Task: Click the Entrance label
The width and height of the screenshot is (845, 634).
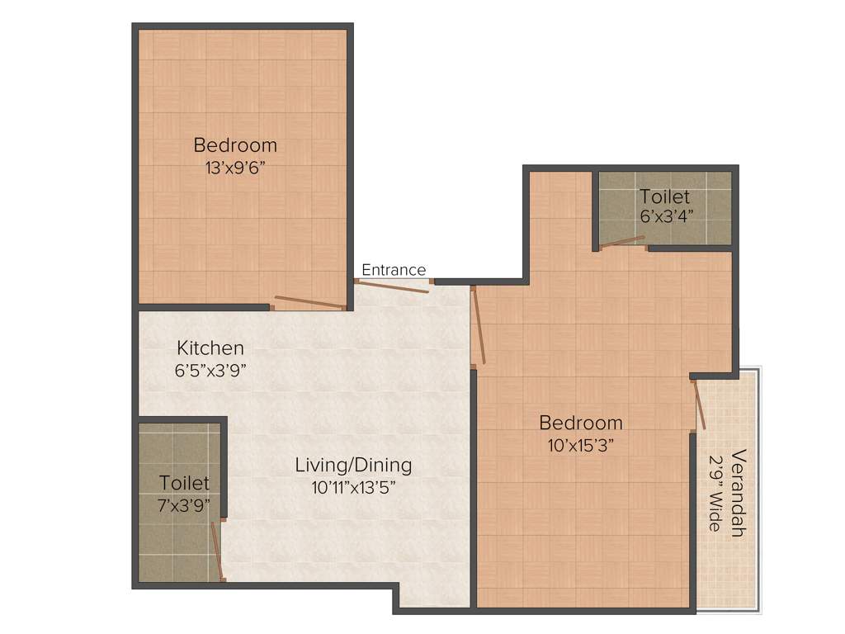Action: point(394,270)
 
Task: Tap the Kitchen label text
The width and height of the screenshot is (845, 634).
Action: point(210,348)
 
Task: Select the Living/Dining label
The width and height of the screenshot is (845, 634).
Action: point(353,466)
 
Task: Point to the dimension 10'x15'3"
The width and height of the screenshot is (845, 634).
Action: point(580,445)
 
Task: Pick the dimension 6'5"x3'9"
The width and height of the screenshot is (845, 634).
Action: point(210,371)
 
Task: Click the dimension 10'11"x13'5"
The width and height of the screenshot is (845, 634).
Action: point(353,487)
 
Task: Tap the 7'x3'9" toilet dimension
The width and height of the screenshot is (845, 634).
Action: point(184,504)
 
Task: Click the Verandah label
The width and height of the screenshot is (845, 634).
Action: point(738,493)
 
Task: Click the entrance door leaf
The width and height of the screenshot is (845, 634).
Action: point(393,286)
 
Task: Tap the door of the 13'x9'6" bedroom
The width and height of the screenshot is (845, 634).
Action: point(309,302)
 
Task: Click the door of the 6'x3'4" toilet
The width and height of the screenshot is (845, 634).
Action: point(623,243)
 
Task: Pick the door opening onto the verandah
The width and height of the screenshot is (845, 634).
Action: point(699,405)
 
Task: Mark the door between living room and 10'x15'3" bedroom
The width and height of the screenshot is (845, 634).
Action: point(478,325)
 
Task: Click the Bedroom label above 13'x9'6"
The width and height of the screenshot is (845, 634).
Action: point(235,145)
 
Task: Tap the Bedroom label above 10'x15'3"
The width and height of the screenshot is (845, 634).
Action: point(580,423)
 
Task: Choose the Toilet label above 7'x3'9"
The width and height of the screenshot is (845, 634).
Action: point(184,482)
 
